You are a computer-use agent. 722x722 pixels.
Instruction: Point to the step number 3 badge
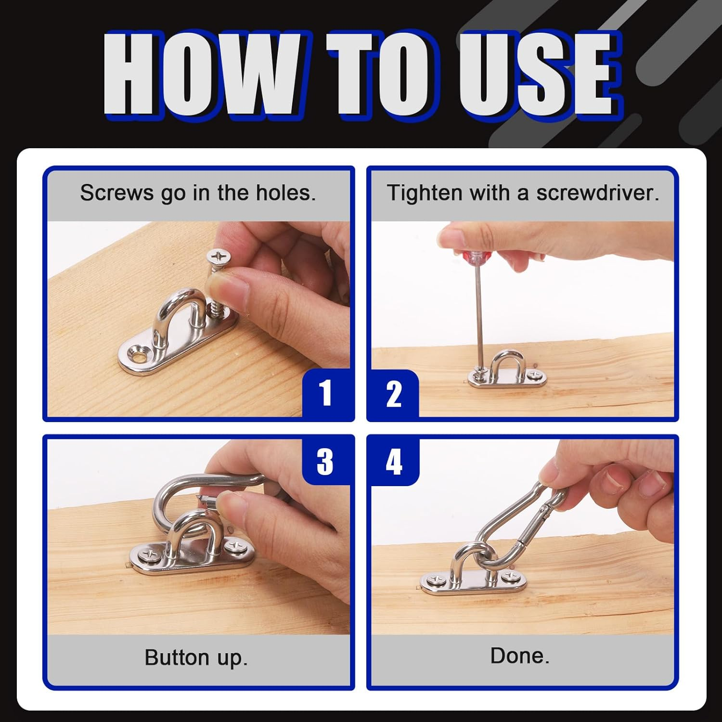326,461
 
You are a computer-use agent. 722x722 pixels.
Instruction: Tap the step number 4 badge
394,461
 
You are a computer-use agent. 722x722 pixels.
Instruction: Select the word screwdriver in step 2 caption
598,193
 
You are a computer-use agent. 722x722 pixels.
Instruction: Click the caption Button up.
196,658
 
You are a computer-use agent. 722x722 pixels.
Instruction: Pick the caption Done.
520,656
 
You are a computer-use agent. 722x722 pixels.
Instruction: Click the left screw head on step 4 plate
436,580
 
